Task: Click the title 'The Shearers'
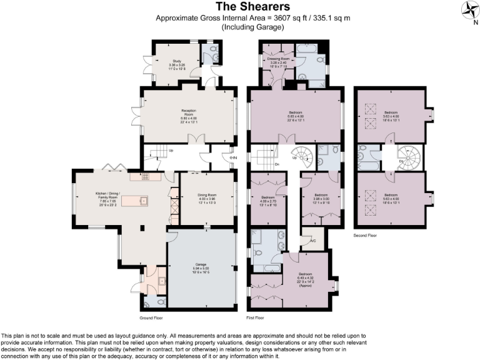244,7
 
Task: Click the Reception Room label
189,116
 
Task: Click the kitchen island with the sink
137,201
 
